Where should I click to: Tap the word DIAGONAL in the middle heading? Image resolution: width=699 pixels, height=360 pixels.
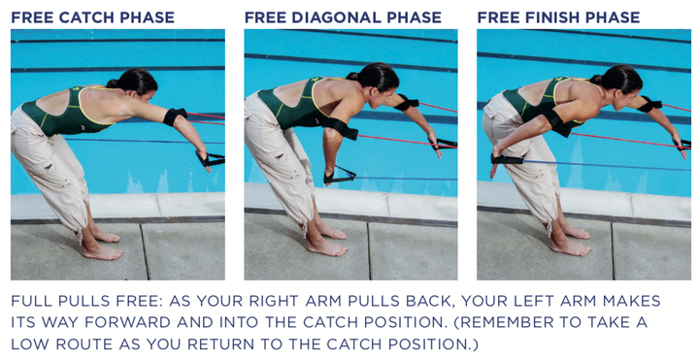pos(336,17)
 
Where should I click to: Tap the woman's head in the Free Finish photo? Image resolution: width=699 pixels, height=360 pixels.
pos(616,80)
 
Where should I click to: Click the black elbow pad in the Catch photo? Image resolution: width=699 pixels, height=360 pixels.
pos(175,116)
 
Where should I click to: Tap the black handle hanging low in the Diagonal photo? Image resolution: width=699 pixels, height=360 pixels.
pos(339,176)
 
